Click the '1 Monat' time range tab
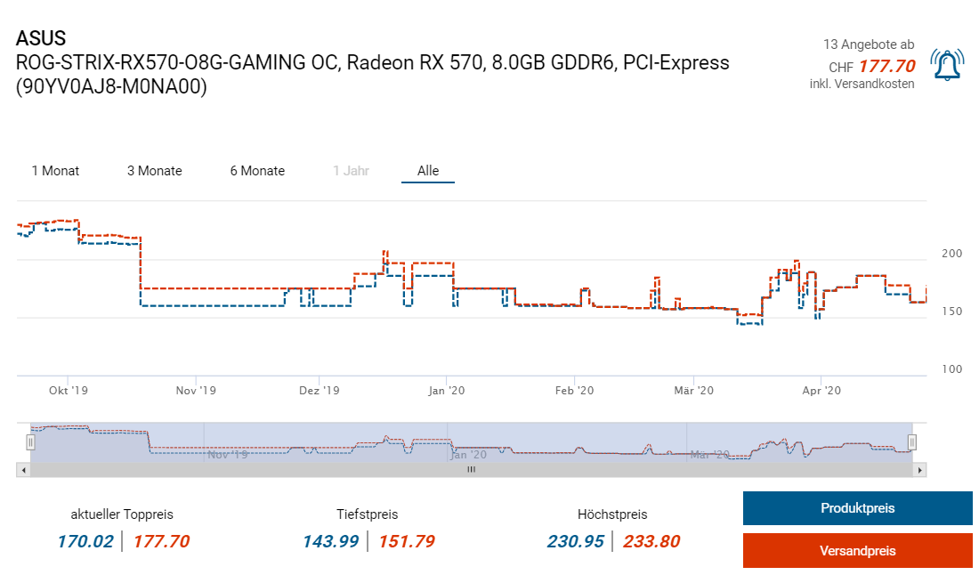click(x=55, y=171)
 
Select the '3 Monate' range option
click(x=155, y=171)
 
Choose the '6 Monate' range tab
click(x=257, y=171)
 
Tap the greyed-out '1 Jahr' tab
click(x=351, y=171)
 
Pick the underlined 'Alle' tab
click(x=428, y=171)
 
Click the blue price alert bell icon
click(x=947, y=65)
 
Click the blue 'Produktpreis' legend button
click(x=857, y=508)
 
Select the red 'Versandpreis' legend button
click(x=857, y=551)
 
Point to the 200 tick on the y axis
click(x=951, y=254)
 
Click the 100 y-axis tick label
click(x=951, y=369)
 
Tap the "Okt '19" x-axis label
click(x=69, y=391)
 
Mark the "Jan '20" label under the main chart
click(x=446, y=391)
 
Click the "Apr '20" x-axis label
click(x=822, y=391)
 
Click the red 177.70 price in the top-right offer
click(x=886, y=66)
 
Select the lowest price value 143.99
click(x=328, y=541)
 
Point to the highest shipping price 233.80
click(x=651, y=541)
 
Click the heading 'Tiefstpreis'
click(x=368, y=514)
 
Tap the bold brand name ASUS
click(x=41, y=39)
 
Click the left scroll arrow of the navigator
click(x=23, y=469)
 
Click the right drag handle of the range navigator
click(x=911, y=441)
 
